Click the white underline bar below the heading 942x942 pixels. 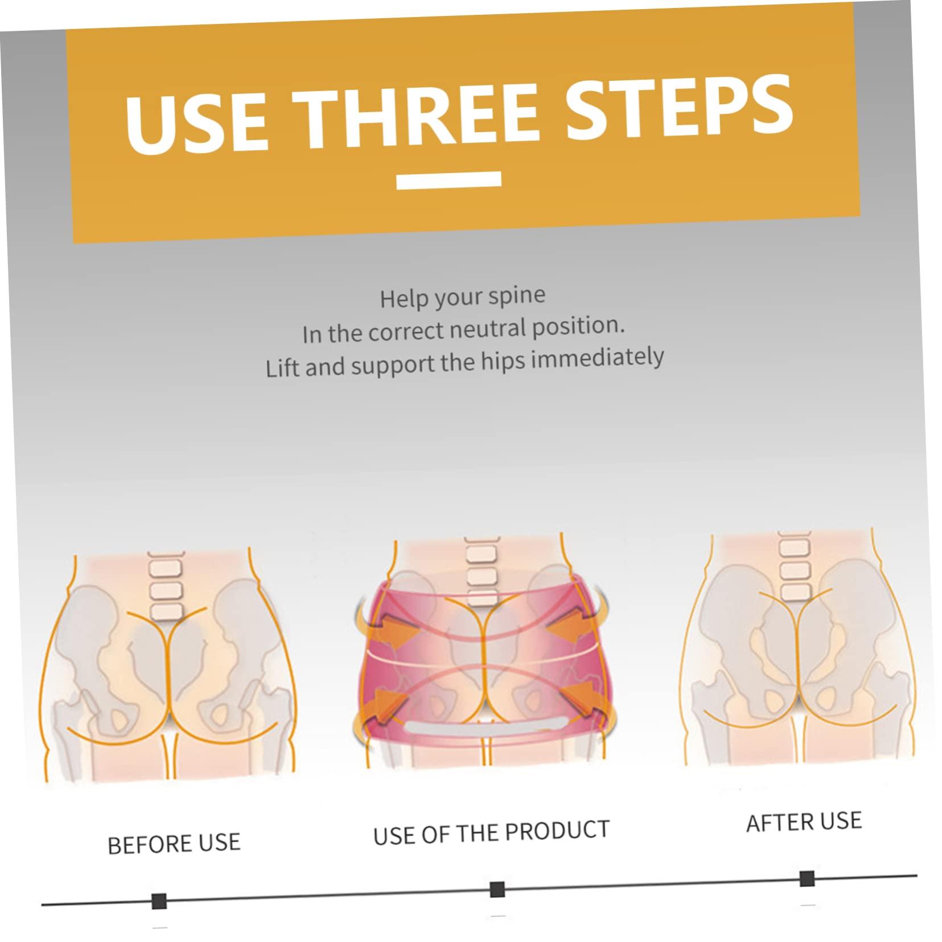click(449, 180)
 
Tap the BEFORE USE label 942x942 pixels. click(174, 843)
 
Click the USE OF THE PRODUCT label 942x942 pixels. click(491, 832)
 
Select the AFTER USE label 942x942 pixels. click(804, 822)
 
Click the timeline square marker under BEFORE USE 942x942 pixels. click(159, 901)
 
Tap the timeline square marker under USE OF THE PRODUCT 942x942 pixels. click(497, 889)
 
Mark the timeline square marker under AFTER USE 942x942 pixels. click(807, 878)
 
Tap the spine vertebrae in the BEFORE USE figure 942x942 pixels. click(164, 586)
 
